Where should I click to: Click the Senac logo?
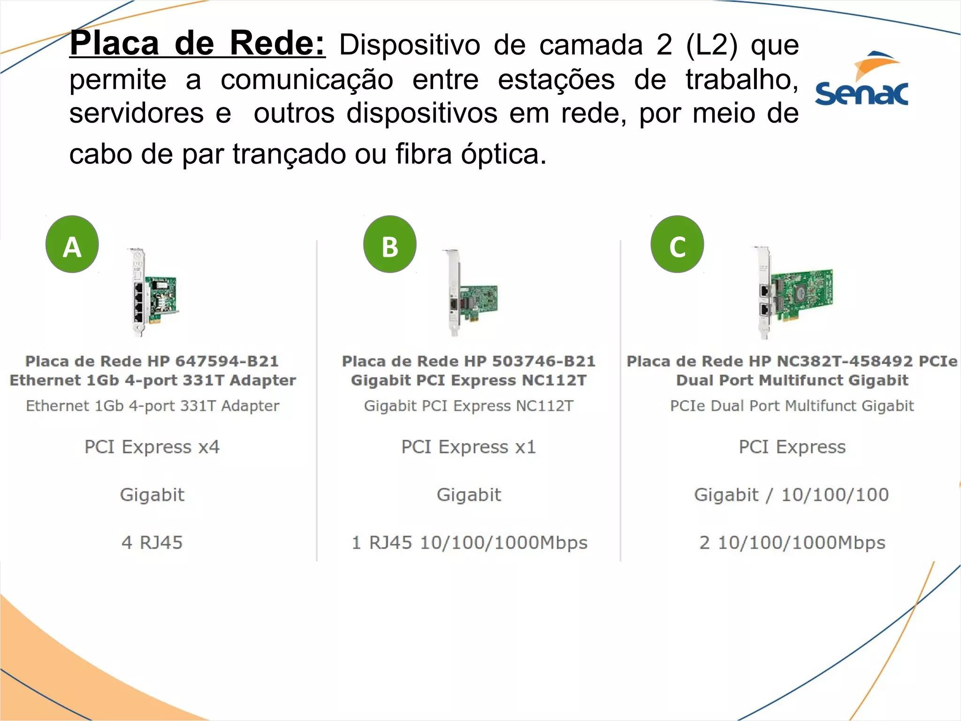(x=862, y=80)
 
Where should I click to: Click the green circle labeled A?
(x=72, y=245)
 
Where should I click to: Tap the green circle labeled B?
(x=390, y=245)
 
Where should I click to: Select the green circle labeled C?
(x=677, y=245)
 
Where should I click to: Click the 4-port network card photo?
(x=153, y=293)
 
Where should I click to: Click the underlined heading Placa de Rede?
(x=198, y=44)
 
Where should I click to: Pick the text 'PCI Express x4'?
(x=152, y=447)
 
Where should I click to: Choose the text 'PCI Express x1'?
(x=468, y=447)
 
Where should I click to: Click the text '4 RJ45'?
(x=152, y=543)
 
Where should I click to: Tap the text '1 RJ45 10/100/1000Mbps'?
(x=469, y=543)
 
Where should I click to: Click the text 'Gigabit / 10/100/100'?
(x=792, y=495)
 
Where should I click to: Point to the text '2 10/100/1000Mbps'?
(x=792, y=543)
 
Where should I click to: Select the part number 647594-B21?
(x=227, y=361)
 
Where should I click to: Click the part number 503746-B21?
(x=543, y=361)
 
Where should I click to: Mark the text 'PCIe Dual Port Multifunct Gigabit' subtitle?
(x=792, y=406)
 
